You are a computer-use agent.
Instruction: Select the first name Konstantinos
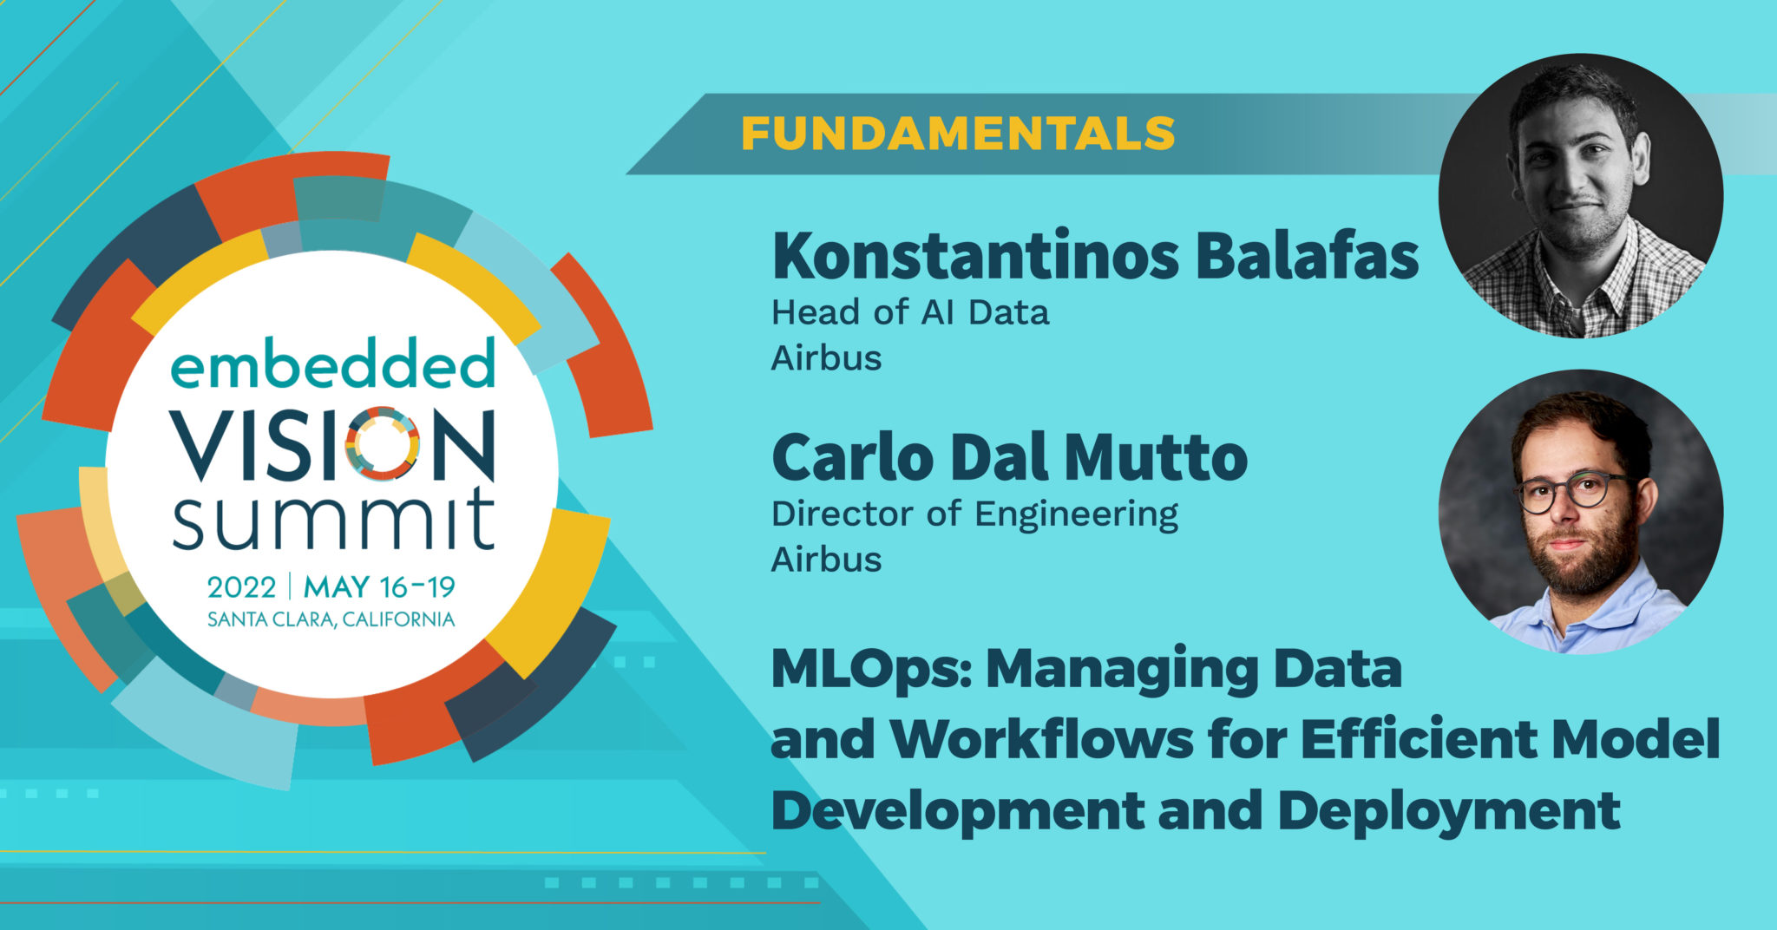[975, 257]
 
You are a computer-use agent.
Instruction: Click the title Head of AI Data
[910, 312]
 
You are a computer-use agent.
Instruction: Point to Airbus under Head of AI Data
[826, 358]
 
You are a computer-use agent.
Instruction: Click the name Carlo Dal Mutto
[1009, 458]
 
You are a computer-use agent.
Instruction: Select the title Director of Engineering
[974, 514]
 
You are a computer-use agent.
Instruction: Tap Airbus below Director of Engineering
[826, 560]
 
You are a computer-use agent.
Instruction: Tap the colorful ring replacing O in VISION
[383, 443]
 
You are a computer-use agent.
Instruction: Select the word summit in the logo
[333, 521]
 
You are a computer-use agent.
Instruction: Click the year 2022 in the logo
[241, 587]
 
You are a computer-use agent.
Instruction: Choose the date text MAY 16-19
[379, 587]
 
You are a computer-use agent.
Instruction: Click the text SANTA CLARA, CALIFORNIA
[331, 619]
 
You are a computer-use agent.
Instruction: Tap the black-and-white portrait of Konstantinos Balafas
[1580, 195]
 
